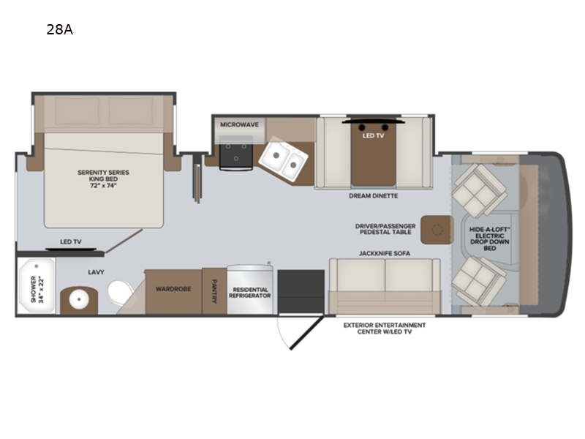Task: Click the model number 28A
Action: pos(60,29)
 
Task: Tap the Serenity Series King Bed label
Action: pos(103,179)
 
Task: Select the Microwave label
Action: pos(239,124)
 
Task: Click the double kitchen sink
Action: pos(284,159)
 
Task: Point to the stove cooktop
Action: pos(235,152)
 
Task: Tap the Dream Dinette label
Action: pos(374,195)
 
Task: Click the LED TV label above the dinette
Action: pos(373,135)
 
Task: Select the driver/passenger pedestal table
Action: pos(437,230)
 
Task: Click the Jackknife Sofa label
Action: pos(385,253)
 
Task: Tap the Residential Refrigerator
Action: pos(250,290)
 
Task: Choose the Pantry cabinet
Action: pos(214,291)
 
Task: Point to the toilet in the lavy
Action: pos(120,292)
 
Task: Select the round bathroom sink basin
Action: pos(79,299)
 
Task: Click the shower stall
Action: pos(36,286)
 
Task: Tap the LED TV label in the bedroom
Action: pos(71,242)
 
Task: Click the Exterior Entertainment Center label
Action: pos(385,329)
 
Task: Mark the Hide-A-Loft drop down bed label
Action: pos(490,239)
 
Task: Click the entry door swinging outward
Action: pos(306,333)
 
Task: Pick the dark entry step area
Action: pos(301,291)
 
